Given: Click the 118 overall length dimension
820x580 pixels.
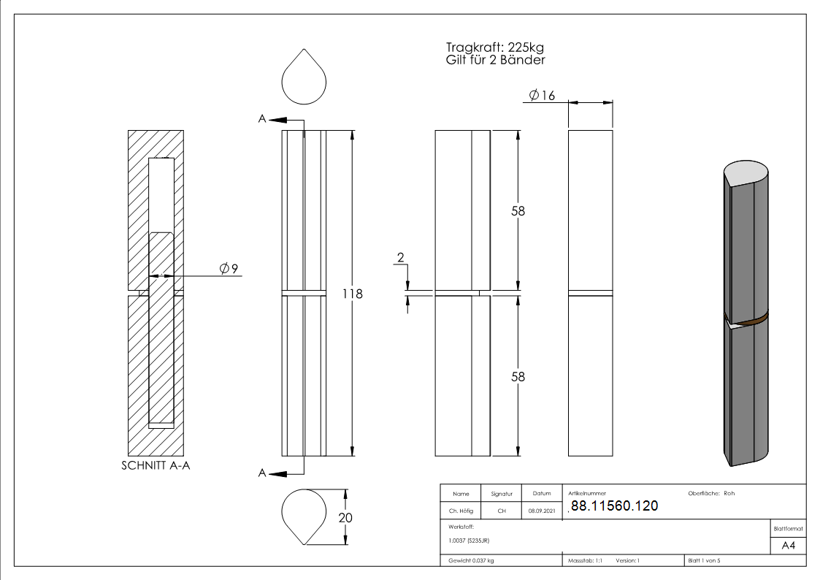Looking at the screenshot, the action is pos(353,294).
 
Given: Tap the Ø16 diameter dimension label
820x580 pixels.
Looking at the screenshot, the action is pos(542,95).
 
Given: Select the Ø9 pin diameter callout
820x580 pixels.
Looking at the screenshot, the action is pos(229,268).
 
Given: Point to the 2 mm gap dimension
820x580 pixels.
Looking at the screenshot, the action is pos(401,257).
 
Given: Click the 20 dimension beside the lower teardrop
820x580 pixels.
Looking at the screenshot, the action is pos(345,518).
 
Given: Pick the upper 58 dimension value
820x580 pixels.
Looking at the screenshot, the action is pos(518,211).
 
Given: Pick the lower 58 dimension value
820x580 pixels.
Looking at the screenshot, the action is pos(518,376).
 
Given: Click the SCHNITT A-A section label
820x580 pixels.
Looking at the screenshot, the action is pos(156,465).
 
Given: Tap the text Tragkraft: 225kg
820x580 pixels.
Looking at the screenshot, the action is pos(495,47).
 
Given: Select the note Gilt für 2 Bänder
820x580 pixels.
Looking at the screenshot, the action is pos(495,60).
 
